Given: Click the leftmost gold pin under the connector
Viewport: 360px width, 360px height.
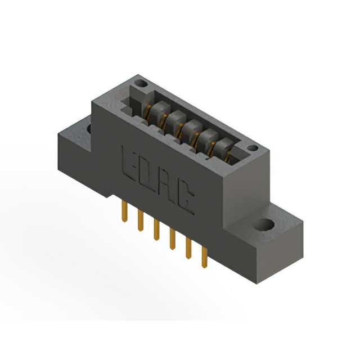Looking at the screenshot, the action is (124, 211).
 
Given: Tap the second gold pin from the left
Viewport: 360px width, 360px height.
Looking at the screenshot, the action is (140, 220).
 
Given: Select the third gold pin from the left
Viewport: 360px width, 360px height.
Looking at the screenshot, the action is (156, 229).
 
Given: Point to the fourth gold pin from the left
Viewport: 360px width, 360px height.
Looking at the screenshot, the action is (173, 238).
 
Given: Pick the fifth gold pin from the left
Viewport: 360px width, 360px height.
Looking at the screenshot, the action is (188, 249).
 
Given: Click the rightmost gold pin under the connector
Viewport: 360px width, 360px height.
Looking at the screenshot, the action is (204, 257).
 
